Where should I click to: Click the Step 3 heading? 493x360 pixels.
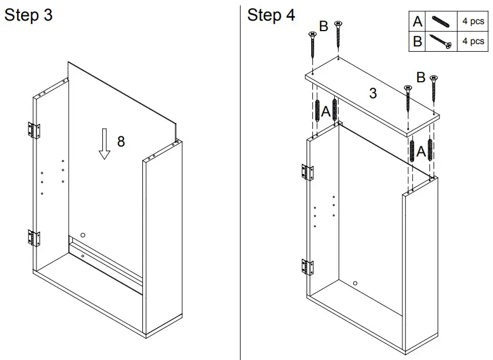coord(28,15)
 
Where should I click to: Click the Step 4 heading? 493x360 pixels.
coord(271,15)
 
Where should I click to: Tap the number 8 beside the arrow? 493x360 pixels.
coord(121,141)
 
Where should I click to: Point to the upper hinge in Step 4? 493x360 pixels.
coord(307,172)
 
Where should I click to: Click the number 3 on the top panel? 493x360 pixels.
coord(372,93)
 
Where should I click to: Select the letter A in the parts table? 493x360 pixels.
coord(417,22)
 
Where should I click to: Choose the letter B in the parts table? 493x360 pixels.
coord(417,42)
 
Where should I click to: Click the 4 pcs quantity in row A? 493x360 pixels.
coord(473,22)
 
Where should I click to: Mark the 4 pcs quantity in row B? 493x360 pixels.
coord(473,42)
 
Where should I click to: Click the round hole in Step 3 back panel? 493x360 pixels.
coord(82,235)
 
